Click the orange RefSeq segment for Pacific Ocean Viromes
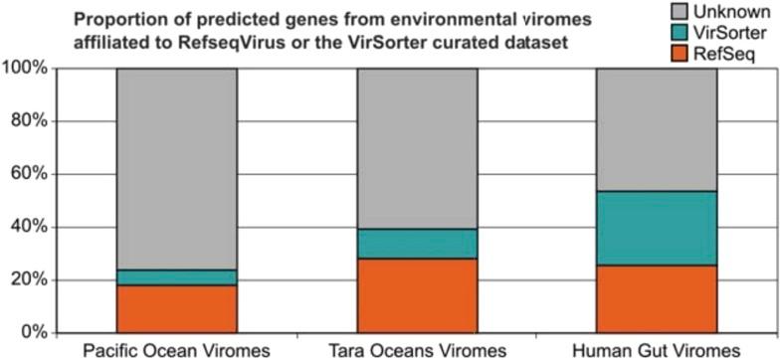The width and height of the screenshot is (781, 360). [176, 308]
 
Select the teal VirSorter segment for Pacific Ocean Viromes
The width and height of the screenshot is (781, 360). [176, 277]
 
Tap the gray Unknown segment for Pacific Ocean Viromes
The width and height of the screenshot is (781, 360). [176, 169]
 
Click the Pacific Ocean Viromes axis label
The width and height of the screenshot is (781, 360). [176, 350]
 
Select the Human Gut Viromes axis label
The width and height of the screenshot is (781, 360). [658, 350]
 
